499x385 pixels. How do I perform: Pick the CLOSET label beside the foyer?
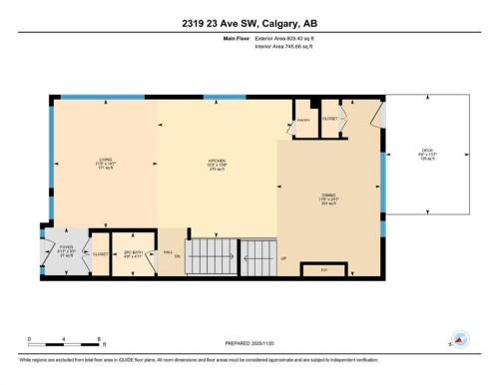coord(100,253)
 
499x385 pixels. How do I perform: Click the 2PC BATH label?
coord(130,252)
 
